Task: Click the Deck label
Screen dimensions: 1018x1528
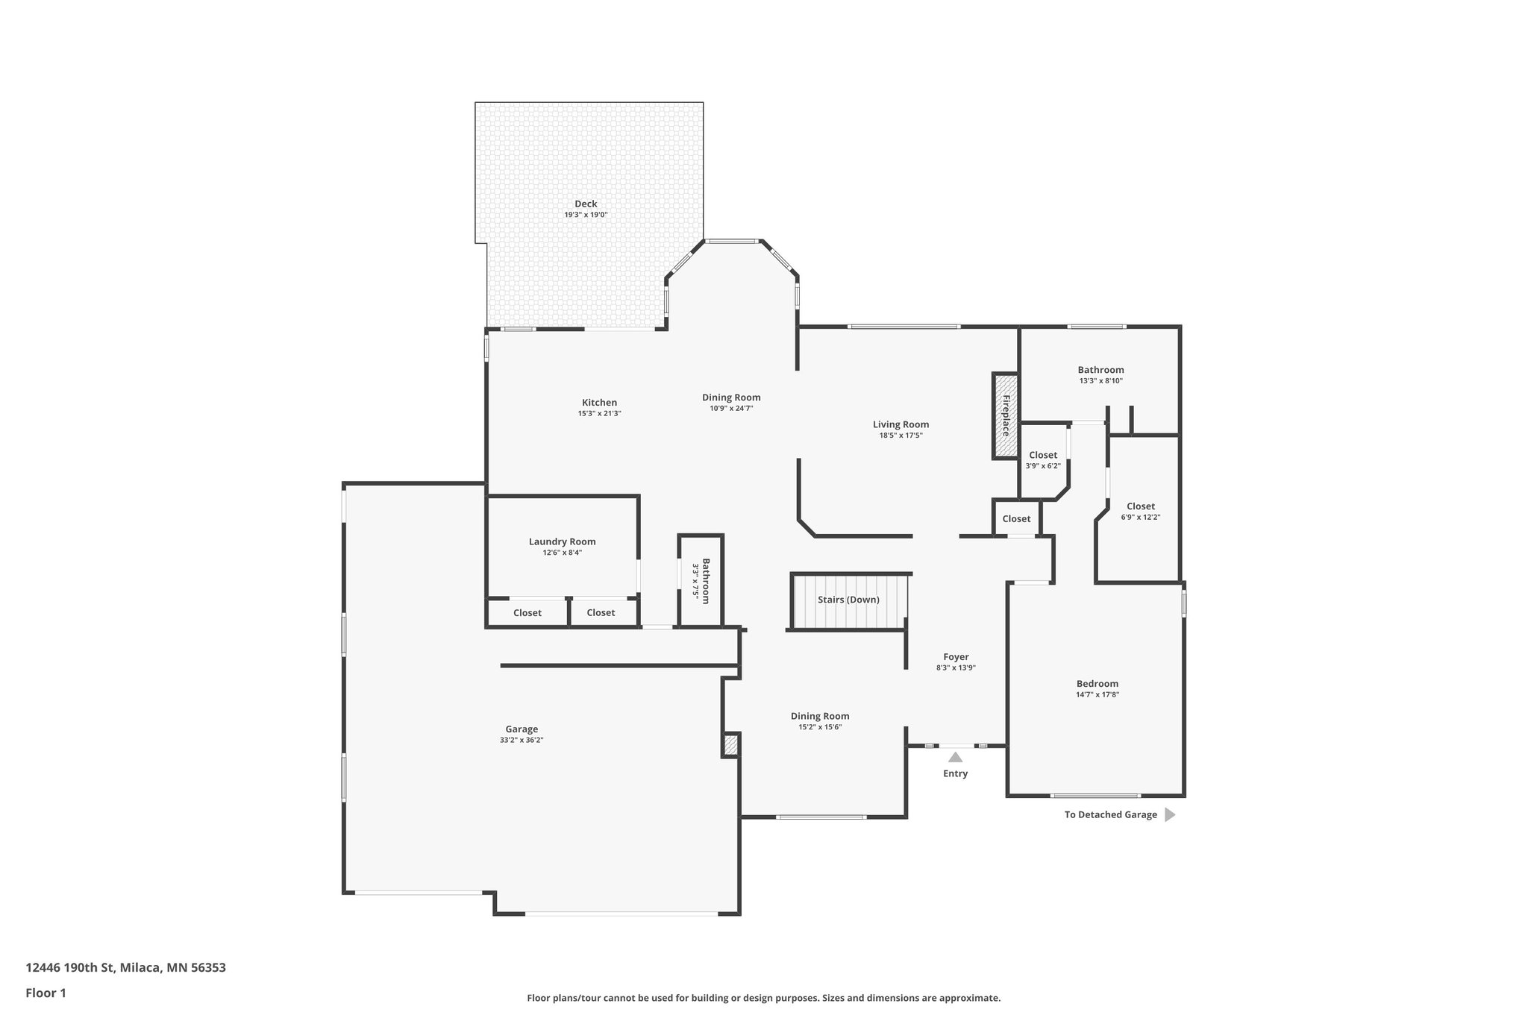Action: pos(586,204)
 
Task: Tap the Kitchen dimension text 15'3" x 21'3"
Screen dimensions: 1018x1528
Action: pos(599,413)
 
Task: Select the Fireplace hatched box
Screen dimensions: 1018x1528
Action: pos(1005,415)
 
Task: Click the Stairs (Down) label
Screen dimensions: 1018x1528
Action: pos(848,600)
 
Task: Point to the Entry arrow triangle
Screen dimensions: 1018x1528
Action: pos(955,757)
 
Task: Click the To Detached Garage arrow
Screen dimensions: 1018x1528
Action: pos(1169,814)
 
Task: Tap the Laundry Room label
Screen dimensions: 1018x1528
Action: pos(562,541)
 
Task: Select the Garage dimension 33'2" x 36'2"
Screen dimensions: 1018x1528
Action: pos(522,740)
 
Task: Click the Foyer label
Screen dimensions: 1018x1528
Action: pos(956,657)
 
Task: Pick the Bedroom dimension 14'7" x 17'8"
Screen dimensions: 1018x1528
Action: pos(1097,694)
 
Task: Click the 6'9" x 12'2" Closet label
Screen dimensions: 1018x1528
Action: pos(1140,506)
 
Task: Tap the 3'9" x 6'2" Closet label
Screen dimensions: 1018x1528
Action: pos(1042,455)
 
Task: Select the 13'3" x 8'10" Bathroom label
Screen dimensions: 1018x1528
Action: pos(1100,370)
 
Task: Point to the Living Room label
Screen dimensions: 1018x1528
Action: pos(901,424)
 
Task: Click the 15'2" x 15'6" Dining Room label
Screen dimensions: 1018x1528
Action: pos(820,716)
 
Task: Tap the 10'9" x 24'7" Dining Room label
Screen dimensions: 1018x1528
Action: pos(731,398)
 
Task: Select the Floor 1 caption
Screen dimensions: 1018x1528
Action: pos(46,993)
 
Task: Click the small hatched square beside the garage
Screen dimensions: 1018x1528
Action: pos(730,745)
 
